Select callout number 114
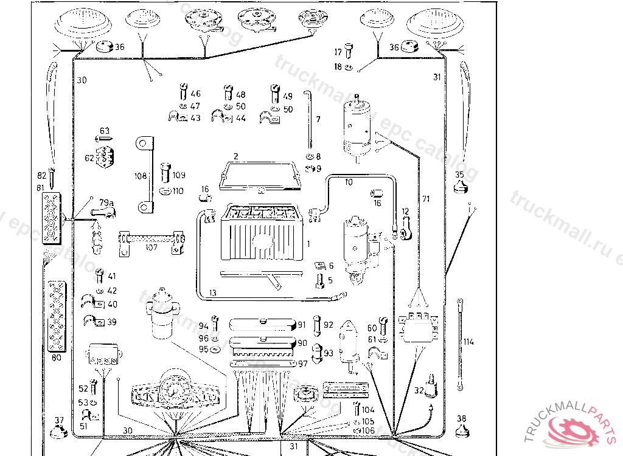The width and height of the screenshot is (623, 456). click(468, 342)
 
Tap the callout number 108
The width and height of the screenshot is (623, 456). click(140, 176)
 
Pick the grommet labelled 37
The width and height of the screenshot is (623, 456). click(58, 432)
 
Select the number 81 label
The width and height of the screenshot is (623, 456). click(41, 188)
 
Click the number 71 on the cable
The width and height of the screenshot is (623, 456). click(426, 199)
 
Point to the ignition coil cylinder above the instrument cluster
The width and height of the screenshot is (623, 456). click(160, 315)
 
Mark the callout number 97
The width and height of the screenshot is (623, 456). click(302, 364)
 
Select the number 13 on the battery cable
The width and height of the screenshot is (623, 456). click(212, 293)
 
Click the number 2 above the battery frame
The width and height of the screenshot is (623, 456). click(235, 156)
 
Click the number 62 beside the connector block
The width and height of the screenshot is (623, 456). click(89, 158)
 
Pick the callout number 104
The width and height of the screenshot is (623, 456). click(368, 410)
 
